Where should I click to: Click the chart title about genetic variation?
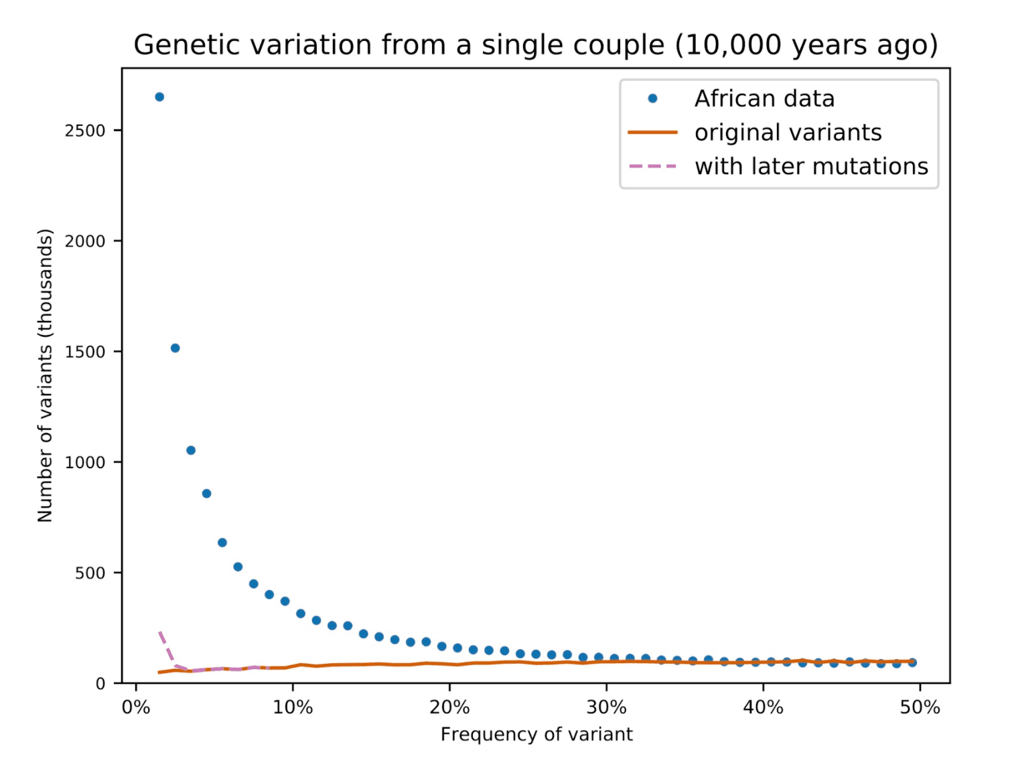click(x=535, y=45)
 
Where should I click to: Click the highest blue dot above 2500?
click(x=159, y=97)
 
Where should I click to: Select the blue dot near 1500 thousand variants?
click(x=175, y=348)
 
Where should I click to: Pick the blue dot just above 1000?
click(x=191, y=450)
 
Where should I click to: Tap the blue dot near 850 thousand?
click(x=206, y=494)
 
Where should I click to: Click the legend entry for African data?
click(x=764, y=98)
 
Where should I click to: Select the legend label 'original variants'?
click(x=788, y=133)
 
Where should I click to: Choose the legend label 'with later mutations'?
click(x=811, y=166)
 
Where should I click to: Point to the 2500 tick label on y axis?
click(x=85, y=131)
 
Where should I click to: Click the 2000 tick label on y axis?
click(x=85, y=241)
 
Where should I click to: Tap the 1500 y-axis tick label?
click(x=85, y=352)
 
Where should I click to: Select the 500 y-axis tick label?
click(x=90, y=573)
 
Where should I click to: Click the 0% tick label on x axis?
click(x=136, y=707)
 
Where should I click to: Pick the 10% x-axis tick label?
click(x=293, y=707)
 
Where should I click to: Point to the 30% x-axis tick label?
click(x=606, y=707)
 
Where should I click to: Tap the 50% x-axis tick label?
click(x=920, y=707)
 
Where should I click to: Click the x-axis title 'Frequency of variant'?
click(x=536, y=735)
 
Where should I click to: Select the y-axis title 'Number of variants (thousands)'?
click(x=45, y=375)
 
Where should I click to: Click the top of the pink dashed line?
click(x=159, y=632)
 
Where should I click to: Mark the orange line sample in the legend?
click(x=652, y=133)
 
